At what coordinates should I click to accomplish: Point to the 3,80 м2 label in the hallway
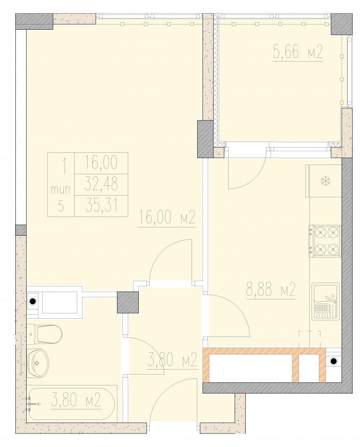(172, 360)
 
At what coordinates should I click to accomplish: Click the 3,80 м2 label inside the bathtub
(76, 400)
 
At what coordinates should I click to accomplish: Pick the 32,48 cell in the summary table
(101, 185)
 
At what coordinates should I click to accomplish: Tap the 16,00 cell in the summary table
(101, 163)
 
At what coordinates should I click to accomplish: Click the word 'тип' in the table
(60, 189)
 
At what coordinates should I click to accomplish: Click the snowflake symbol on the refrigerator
(325, 181)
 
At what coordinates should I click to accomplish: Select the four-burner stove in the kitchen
(325, 241)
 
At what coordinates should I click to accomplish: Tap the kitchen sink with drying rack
(325, 302)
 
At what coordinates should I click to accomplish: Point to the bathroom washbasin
(38, 363)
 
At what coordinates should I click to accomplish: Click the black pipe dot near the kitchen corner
(333, 361)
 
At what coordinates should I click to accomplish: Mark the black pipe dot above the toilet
(33, 301)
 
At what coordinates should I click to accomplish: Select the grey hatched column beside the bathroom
(128, 303)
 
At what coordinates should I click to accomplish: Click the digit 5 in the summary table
(61, 206)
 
